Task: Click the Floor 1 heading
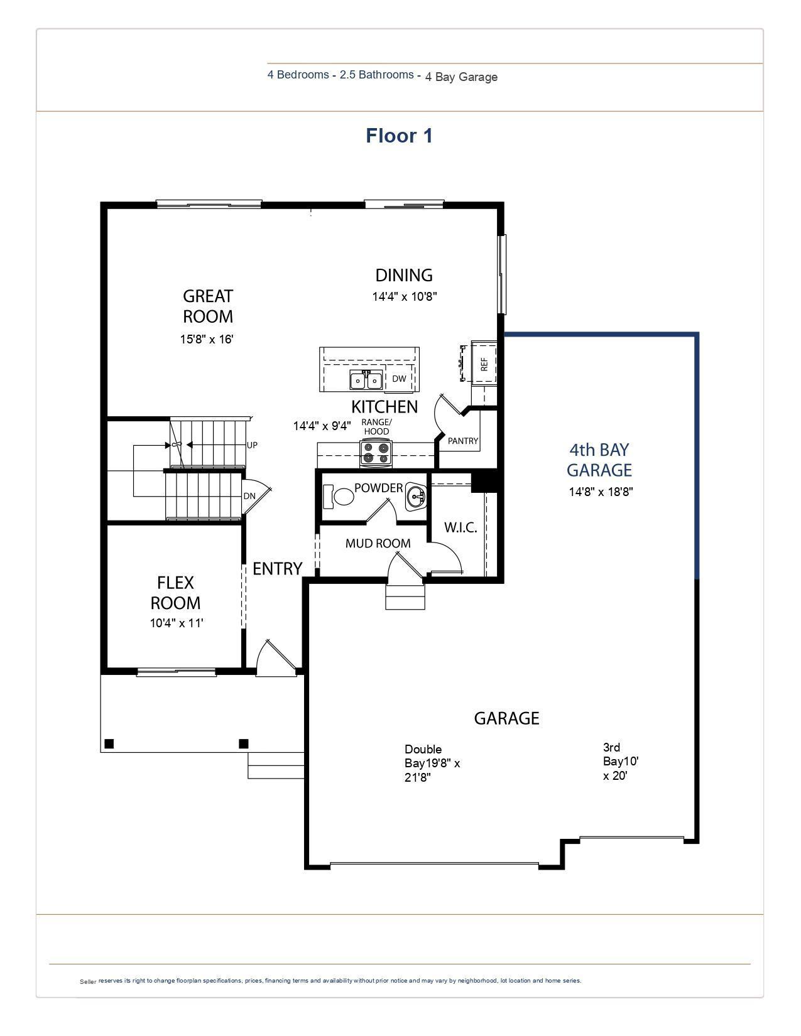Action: coord(399,136)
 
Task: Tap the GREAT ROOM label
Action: coord(208,306)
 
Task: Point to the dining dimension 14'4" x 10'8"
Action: coord(404,296)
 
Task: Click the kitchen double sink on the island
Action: coord(366,380)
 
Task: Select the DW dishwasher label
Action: coord(399,379)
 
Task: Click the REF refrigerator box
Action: coord(484,364)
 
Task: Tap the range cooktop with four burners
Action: coord(376,453)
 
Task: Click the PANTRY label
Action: coord(463,441)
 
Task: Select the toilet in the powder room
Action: coord(339,497)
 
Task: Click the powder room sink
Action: coord(417,497)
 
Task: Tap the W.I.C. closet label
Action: coord(460,527)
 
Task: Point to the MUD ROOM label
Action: coord(378,543)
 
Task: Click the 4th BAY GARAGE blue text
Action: coord(599,460)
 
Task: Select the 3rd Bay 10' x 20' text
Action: coord(620,761)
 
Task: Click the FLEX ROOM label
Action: coord(175,593)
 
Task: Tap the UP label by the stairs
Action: coord(252,445)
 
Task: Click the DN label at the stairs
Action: coord(249,496)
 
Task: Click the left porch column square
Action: coord(109,744)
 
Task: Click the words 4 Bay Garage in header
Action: coord(461,77)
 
